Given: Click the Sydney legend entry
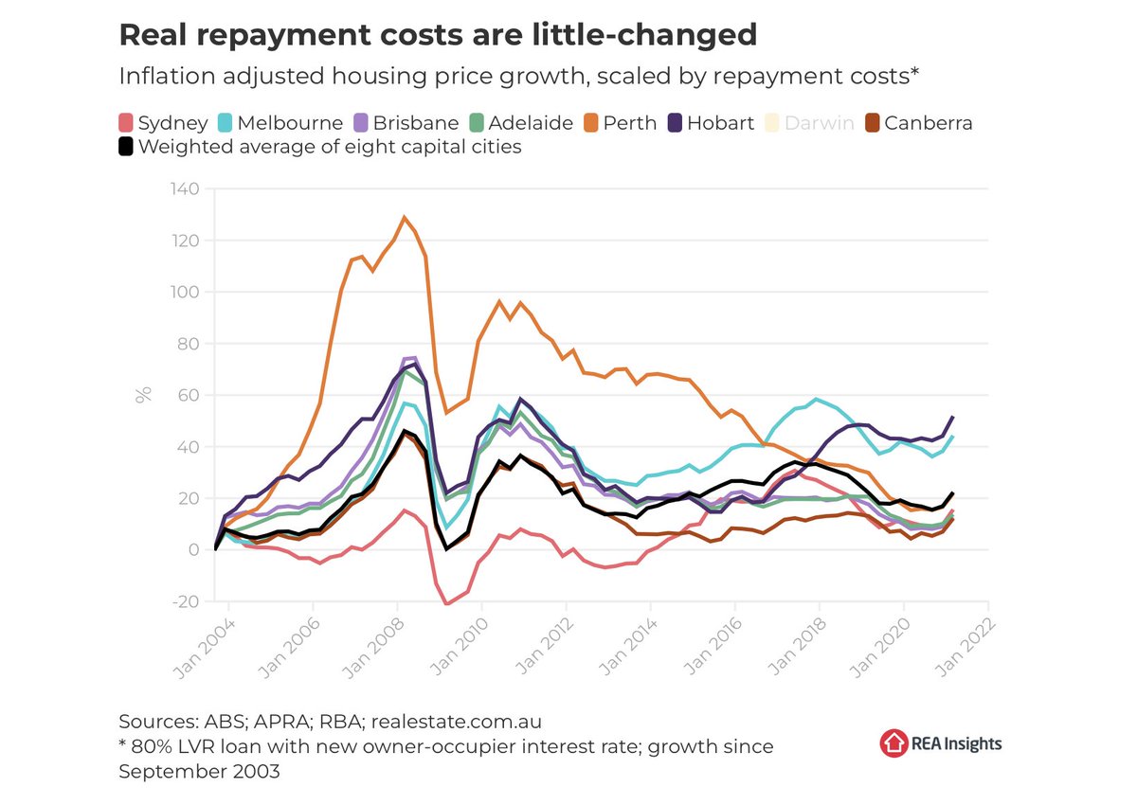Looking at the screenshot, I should click(162, 123).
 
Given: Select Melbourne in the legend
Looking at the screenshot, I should click(280, 123).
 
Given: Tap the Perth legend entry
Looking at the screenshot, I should click(617, 123).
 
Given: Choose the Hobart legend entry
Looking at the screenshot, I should click(708, 123).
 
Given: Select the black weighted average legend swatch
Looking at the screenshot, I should click(126, 147).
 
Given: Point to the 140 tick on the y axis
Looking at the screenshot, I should click(186, 189).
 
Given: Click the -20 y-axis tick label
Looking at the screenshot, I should click(186, 601).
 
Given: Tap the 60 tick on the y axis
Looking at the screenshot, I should click(189, 395).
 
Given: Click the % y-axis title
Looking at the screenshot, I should click(143, 395).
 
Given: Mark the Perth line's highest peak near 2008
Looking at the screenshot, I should click(405, 218).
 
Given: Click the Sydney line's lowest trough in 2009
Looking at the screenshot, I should click(447, 603).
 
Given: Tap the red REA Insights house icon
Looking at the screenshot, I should click(892, 743).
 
